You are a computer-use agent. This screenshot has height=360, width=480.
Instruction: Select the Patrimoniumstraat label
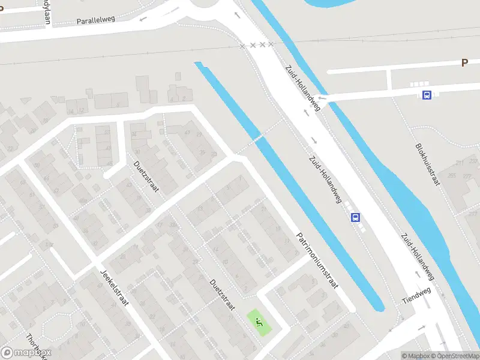click(318, 261)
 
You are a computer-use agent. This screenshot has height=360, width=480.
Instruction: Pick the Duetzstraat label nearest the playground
click(222, 295)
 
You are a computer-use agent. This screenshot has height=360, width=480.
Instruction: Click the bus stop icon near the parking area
click(427, 95)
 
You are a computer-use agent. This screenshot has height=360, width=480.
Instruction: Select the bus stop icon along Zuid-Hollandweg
click(356, 217)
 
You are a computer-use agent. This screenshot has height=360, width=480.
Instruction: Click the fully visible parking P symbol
click(464, 62)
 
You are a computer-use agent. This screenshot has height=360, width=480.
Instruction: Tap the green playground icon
click(259, 322)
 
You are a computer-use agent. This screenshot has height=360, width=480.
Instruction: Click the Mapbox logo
click(26, 353)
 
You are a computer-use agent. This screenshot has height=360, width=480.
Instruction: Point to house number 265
click(451, 176)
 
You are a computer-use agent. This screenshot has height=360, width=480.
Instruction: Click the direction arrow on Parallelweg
click(143, 19)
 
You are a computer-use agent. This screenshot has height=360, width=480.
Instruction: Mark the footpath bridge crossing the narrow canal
click(258, 138)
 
